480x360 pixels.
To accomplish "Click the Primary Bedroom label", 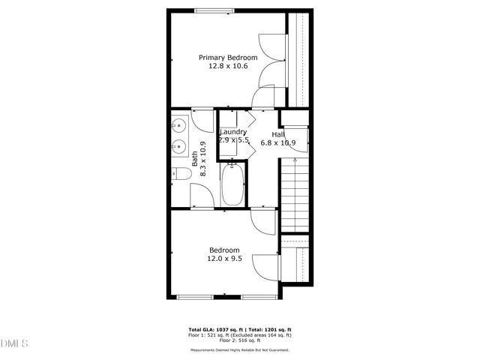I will pyautogui.click(x=228, y=58).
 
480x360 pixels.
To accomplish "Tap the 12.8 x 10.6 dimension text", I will pyautogui.click(x=228, y=66).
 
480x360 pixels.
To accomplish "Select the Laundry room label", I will pyautogui.click(x=232, y=132).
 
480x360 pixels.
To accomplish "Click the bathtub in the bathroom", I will pyautogui.click(x=232, y=186).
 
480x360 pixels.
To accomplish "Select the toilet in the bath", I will pyautogui.click(x=182, y=174).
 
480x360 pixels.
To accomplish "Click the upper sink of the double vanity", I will pyautogui.click(x=180, y=125).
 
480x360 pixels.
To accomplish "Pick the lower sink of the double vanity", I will pyautogui.click(x=180, y=146).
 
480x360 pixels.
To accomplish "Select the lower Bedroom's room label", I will pyautogui.click(x=224, y=250).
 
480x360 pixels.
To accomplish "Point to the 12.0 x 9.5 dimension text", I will pyautogui.click(x=224, y=259).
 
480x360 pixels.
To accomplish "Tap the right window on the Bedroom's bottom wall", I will pyautogui.click(x=259, y=297).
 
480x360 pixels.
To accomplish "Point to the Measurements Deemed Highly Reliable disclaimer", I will pyautogui.click(x=239, y=349).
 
